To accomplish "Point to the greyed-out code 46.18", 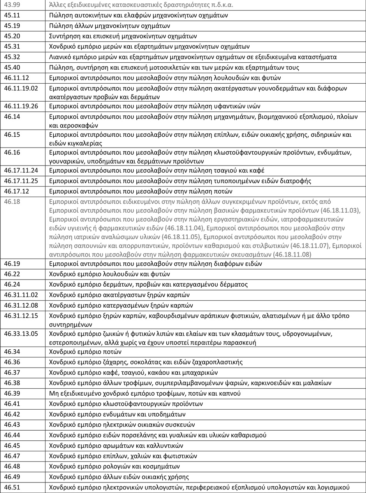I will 11,202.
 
